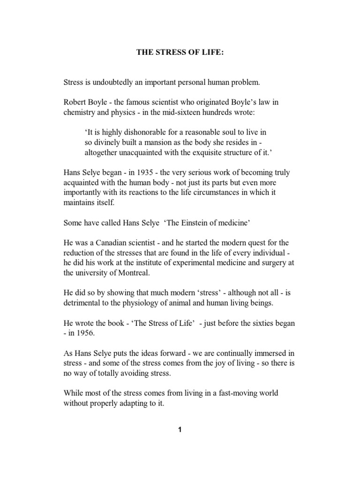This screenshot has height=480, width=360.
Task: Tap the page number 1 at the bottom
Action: (180, 431)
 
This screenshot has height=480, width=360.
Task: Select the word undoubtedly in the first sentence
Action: (111, 82)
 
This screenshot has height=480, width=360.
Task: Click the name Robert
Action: (75, 102)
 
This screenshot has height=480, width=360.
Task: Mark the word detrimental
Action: (82, 303)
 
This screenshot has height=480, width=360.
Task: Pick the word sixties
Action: (259, 323)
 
